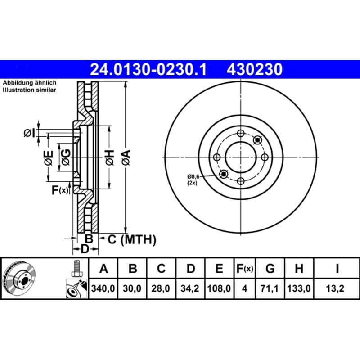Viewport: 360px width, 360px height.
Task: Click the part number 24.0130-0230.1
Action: point(148,69)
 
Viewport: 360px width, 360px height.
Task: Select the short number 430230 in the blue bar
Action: point(254,69)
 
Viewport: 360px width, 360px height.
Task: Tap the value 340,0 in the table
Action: point(103,288)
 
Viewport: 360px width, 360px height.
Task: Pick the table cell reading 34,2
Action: point(190,288)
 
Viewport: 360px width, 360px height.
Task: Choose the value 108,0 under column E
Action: point(219,288)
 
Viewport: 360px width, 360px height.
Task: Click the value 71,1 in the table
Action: point(270,288)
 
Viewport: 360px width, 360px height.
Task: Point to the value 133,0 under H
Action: point(299,288)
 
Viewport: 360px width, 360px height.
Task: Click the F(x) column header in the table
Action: point(245,268)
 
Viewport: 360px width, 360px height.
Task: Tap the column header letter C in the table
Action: point(161,268)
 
